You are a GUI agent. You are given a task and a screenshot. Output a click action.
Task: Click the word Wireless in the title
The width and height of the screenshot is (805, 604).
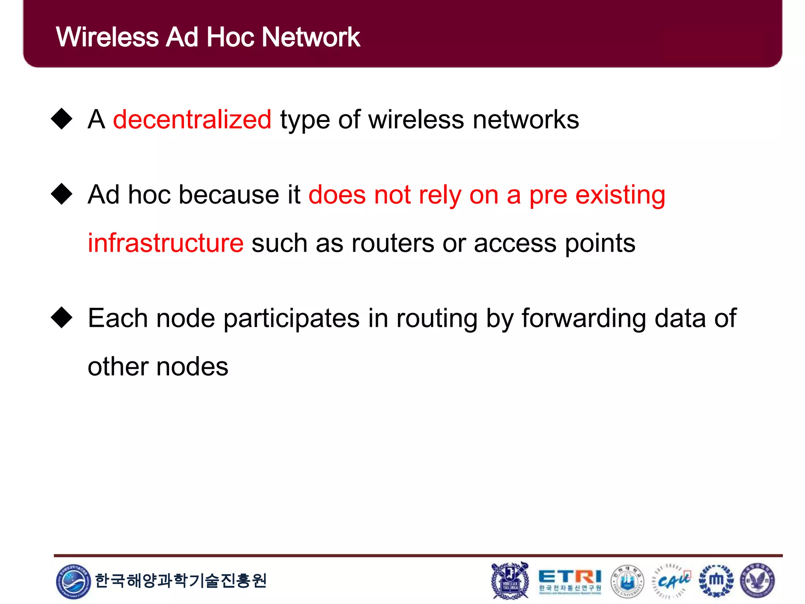coord(107,37)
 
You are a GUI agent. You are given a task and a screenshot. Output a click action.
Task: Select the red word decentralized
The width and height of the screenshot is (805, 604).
coord(192,120)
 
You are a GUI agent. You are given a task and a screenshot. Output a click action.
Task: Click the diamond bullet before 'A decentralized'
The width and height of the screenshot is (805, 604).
coord(62,118)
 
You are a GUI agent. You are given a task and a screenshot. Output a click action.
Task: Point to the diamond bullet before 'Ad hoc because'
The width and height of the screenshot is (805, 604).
coord(62,194)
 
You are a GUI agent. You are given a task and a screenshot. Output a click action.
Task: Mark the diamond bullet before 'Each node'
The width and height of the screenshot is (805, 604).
coord(62,317)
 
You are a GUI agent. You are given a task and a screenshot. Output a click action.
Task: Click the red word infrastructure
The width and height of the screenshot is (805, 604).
coord(165,243)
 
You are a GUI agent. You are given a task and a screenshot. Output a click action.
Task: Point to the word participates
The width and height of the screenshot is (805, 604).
coord(291,319)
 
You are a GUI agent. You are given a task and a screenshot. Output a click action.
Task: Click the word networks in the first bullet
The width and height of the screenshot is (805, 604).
coord(526,120)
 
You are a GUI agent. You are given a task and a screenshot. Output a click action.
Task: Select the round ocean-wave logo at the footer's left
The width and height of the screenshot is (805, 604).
coord(74,581)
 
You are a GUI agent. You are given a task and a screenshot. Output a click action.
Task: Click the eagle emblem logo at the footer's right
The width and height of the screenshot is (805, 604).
coord(757,580)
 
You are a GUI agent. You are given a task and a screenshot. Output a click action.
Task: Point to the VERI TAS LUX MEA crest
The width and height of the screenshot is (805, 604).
coord(510,580)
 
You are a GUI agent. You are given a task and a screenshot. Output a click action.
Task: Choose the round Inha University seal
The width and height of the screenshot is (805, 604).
coord(627,581)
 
